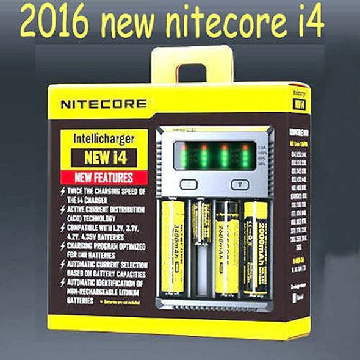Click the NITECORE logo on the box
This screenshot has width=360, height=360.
pos(103,104)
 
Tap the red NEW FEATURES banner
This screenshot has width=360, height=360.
pos(103,178)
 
